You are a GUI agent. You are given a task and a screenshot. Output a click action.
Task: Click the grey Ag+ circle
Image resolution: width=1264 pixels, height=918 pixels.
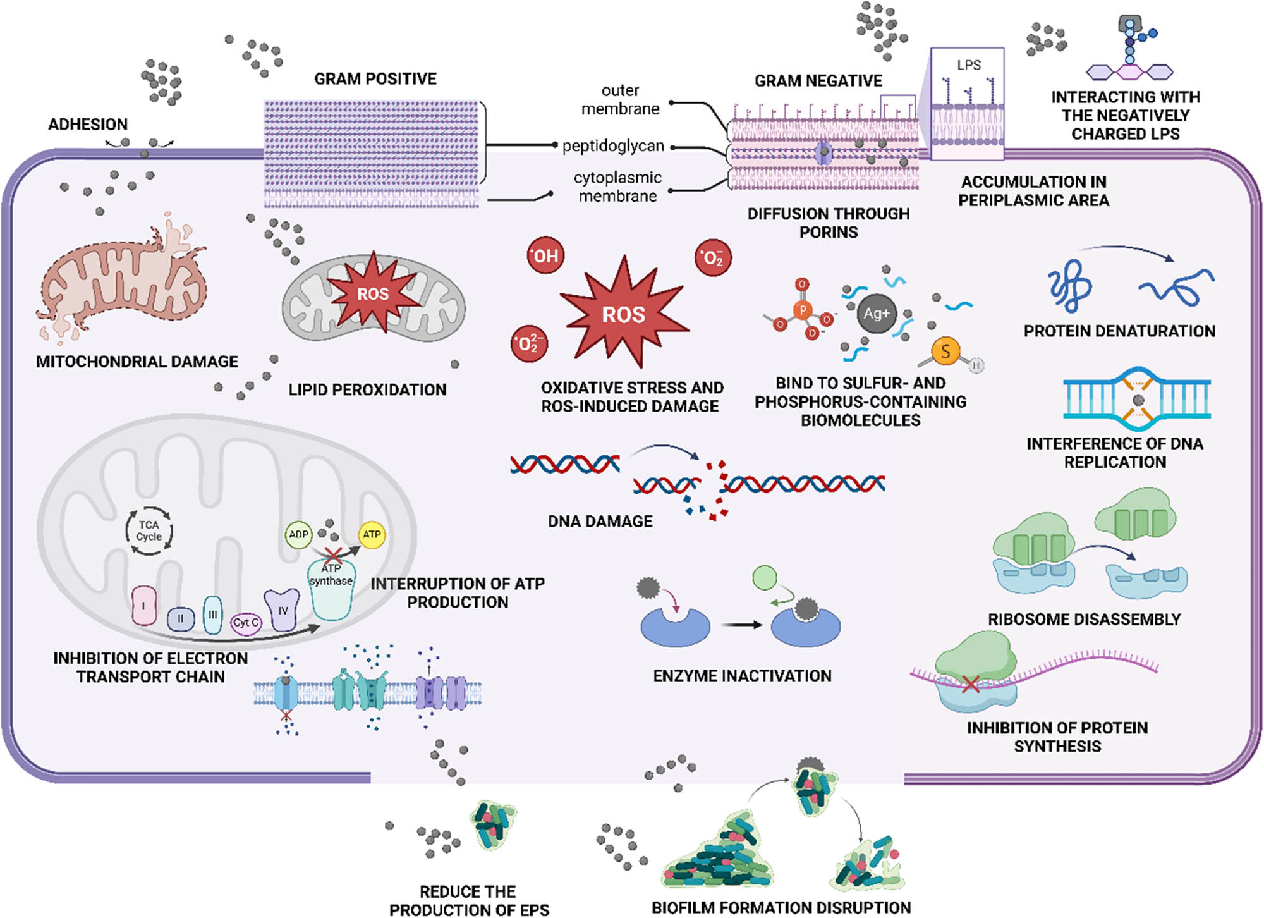pyautogui.click(x=876, y=313)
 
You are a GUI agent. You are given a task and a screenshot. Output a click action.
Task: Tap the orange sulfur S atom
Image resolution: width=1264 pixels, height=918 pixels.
pyautogui.click(x=945, y=351)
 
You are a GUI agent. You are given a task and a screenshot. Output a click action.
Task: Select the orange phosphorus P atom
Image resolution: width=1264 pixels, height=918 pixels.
pyautogui.click(x=803, y=310)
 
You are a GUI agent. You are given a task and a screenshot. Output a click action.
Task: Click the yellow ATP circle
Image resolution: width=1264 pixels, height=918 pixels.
pyautogui.click(x=372, y=534)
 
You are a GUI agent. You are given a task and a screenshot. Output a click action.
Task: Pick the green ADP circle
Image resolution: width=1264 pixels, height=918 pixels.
pyautogui.click(x=298, y=534)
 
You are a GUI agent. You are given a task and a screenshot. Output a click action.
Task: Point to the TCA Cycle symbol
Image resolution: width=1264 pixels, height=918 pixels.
pyautogui.click(x=149, y=531)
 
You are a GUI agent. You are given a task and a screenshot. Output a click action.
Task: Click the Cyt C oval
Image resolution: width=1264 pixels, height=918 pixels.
pyautogui.click(x=246, y=623)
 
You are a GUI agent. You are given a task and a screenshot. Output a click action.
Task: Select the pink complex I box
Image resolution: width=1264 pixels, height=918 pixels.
pyautogui.click(x=144, y=605)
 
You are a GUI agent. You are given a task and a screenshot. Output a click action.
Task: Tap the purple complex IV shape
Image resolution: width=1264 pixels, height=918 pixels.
pyautogui.click(x=282, y=609)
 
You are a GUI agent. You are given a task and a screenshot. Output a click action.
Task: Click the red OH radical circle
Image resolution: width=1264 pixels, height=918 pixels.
pyautogui.click(x=545, y=255)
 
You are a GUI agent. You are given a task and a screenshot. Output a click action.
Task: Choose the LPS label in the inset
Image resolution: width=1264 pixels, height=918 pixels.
pyautogui.click(x=968, y=65)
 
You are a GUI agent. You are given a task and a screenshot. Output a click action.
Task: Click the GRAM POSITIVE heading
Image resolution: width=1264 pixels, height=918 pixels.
pyautogui.click(x=375, y=79)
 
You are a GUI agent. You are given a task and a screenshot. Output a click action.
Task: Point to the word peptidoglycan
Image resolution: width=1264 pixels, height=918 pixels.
pyautogui.click(x=613, y=146)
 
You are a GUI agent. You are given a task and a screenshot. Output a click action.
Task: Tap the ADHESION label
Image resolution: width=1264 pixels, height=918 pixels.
pyautogui.click(x=88, y=124)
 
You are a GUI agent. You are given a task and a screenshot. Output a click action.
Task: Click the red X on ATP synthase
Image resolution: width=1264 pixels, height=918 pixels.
pyautogui.click(x=333, y=556)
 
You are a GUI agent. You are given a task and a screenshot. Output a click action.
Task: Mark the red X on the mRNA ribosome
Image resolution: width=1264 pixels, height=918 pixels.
pyautogui.click(x=971, y=683)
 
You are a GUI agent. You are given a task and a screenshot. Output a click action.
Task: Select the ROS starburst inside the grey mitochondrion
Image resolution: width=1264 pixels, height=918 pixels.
pyautogui.click(x=373, y=294)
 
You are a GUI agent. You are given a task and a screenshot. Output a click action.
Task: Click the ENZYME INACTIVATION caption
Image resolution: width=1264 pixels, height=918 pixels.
pyautogui.click(x=742, y=676)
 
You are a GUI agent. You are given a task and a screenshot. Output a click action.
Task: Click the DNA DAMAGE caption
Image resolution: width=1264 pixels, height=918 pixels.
pyautogui.click(x=600, y=521)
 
